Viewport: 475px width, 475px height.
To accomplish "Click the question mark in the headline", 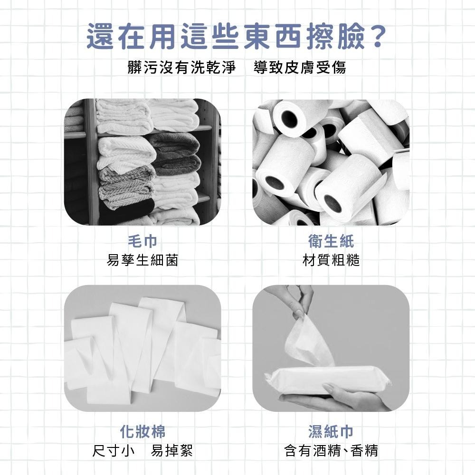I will click(x=378, y=37).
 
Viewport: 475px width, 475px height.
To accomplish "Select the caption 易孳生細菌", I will click(x=142, y=260).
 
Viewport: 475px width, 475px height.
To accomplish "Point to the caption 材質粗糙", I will click(x=331, y=260).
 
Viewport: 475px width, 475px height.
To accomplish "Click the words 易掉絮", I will click(x=172, y=450).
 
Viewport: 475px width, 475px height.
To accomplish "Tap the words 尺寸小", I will click(x=113, y=450).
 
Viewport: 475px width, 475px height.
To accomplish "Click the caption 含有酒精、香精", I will click(x=331, y=450).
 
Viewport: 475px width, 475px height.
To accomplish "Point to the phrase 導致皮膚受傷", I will click(x=300, y=67).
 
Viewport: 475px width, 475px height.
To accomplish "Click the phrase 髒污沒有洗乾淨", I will click(x=182, y=67).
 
